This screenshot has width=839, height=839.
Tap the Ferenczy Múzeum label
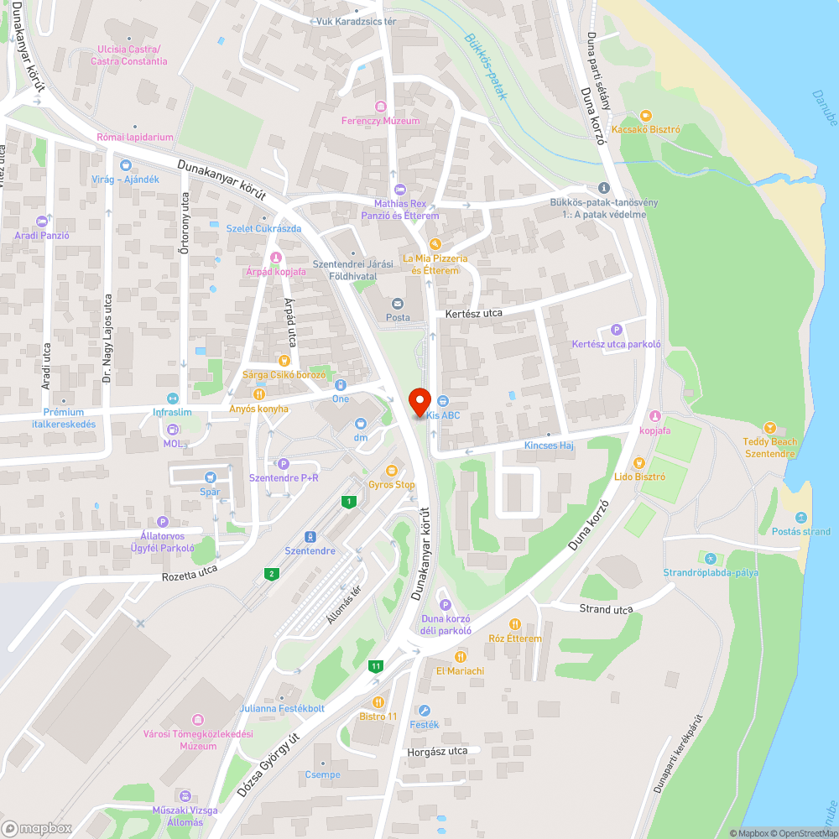[x=380, y=121]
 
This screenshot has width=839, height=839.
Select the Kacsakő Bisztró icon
[x=645, y=116]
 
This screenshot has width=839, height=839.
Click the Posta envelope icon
[x=398, y=304]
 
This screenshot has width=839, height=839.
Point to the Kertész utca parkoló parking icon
[x=617, y=331]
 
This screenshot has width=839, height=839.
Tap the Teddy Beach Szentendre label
[x=770, y=447]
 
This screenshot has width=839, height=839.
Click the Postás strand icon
[x=801, y=517]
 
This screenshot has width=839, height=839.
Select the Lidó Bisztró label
[x=639, y=477]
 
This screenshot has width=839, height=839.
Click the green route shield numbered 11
[x=375, y=666]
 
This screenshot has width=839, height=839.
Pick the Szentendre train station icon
[x=310, y=536]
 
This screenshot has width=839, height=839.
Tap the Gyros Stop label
[x=392, y=485]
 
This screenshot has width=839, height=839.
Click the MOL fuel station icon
[x=173, y=430]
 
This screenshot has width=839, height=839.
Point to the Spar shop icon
[x=209, y=477]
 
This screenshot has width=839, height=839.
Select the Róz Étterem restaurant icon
[x=515, y=624]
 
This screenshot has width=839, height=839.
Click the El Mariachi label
[x=460, y=671]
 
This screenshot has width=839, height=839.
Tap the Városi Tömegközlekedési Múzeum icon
[x=197, y=720]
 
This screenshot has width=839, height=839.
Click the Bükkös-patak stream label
[x=487, y=66]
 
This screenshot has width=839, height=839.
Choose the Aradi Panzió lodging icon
[x=42, y=221]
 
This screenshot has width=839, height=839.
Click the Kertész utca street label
[x=474, y=313]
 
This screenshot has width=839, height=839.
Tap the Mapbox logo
[x=38, y=828]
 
